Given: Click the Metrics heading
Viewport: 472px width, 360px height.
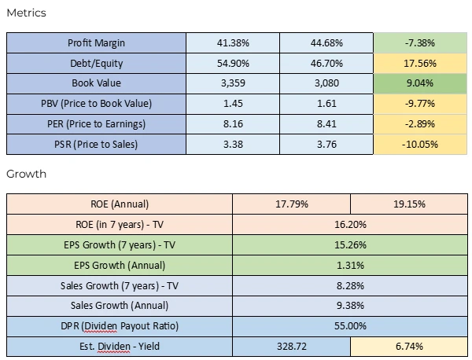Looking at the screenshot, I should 27,13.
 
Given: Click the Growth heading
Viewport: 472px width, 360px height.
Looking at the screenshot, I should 27,174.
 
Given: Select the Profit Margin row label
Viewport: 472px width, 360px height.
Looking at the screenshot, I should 97,42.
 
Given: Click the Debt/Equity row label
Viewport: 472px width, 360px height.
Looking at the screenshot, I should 97,63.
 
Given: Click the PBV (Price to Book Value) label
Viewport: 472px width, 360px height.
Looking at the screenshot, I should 97,104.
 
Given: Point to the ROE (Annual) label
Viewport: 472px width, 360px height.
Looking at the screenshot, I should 120,204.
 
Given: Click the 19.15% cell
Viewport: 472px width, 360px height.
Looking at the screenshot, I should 408,204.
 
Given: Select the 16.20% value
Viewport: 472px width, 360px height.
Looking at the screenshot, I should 350,224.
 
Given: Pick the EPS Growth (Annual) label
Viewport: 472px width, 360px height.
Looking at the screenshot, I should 120,265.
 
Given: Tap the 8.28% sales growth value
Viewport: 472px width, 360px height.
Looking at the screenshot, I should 350,285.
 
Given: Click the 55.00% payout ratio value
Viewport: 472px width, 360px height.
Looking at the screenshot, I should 350,325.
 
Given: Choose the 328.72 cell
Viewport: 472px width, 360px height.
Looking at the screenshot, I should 292,346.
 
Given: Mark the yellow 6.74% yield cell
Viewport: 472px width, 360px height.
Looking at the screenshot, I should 408,346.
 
